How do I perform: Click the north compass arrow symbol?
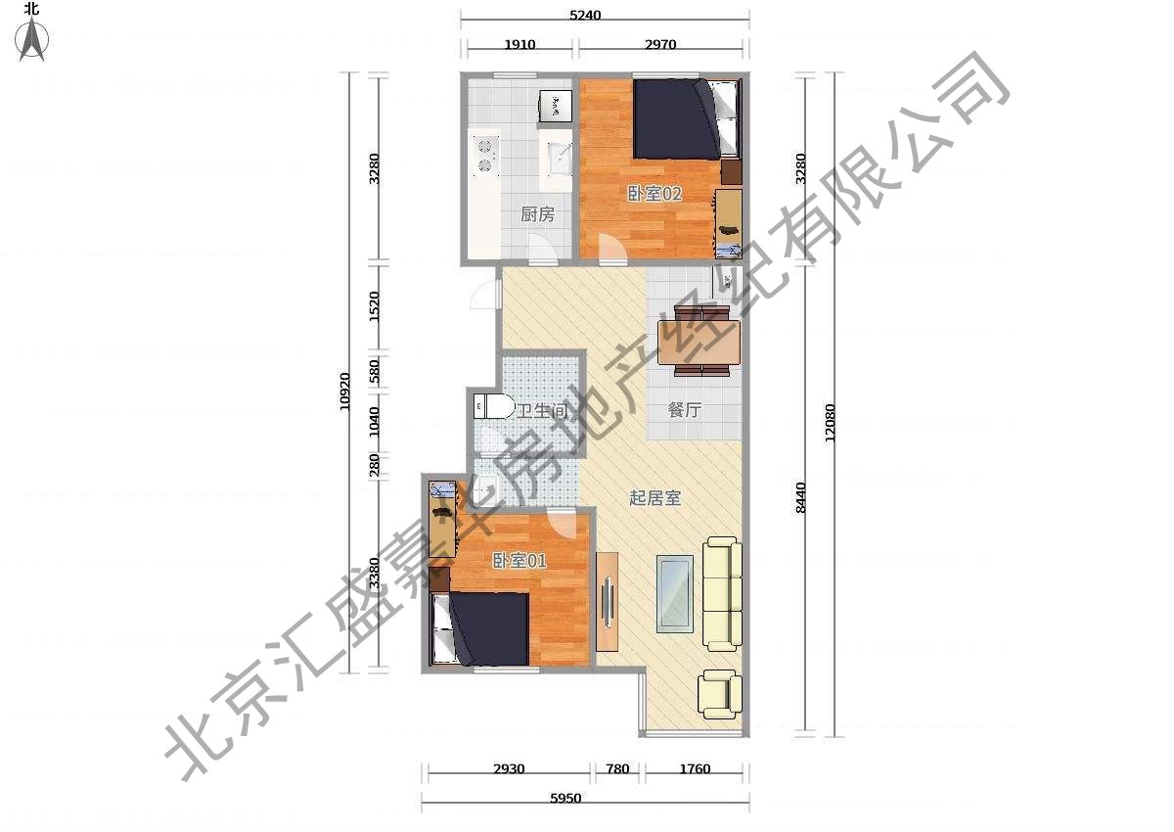[32, 39]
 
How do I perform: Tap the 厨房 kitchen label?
[537, 214]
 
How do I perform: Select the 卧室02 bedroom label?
[655, 194]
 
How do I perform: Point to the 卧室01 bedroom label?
[519, 561]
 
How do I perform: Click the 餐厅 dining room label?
[685, 410]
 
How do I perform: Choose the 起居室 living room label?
[655, 497]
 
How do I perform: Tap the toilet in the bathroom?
[494, 406]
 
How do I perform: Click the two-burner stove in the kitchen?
[117, 153]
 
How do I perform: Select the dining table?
[700, 343]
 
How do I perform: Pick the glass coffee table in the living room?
[674, 594]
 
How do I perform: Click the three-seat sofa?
[722, 593]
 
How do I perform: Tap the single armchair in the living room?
[720, 694]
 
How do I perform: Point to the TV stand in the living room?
[608, 601]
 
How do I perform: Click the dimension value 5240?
[585, 16]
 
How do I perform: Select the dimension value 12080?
[830, 423]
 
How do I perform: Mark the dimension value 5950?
[565, 799]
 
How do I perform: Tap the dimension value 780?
[617, 769]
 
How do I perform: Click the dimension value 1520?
[374, 306]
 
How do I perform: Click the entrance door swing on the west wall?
[485, 295]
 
